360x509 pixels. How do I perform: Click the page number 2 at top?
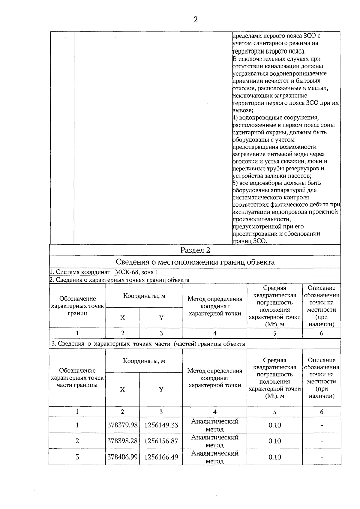coord(196,20)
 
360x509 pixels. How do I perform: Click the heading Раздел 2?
coord(195,250)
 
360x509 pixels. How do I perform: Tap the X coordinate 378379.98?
coord(122,425)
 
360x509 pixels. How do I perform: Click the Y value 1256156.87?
coord(161,441)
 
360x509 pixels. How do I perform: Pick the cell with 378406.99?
coord(122,457)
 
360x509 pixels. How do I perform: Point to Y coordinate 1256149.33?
coord(161,425)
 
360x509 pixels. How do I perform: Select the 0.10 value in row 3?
coord(274,457)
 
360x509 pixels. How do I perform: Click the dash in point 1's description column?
coord(322,425)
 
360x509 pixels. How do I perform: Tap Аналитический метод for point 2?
coord(215,441)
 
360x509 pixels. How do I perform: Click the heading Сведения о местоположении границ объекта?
coord(195,262)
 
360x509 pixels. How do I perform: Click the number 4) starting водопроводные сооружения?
coord(235,118)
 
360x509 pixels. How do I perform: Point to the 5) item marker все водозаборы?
coord(235,183)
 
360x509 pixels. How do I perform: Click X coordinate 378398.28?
coord(122,441)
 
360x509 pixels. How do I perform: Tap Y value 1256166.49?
coord(161,457)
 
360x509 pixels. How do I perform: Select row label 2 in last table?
coord(77,441)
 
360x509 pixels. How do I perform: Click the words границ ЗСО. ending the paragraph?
coord(250,241)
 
